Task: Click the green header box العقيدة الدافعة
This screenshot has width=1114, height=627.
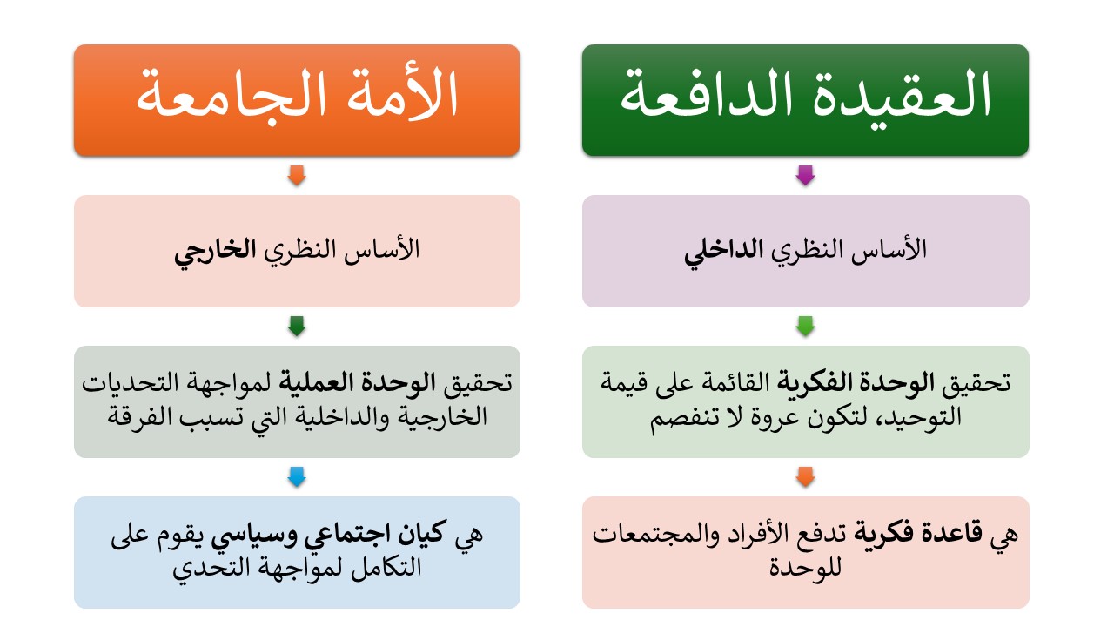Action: click(x=805, y=100)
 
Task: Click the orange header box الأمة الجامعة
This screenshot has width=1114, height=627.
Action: click(x=297, y=100)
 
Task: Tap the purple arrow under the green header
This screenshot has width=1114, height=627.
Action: click(x=805, y=175)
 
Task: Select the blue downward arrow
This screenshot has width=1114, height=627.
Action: click(x=297, y=476)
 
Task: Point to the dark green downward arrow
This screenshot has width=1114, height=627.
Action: click(x=297, y=326)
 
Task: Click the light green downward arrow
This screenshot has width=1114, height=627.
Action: click(x=805, y=326)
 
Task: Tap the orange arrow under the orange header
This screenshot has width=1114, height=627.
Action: click(x=297, y=175)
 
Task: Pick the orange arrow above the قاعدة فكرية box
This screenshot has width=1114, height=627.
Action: click(x=805, y=476)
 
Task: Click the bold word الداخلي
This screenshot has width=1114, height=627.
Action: click(x=723, y=252)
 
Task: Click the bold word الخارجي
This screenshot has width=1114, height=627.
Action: click(x=215, y=252)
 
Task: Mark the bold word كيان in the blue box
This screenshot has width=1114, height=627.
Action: click(x=422, y=534)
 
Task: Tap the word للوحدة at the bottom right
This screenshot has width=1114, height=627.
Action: click(x=805, y=567)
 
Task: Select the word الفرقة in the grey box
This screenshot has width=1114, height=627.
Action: click(x=139, y=416)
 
